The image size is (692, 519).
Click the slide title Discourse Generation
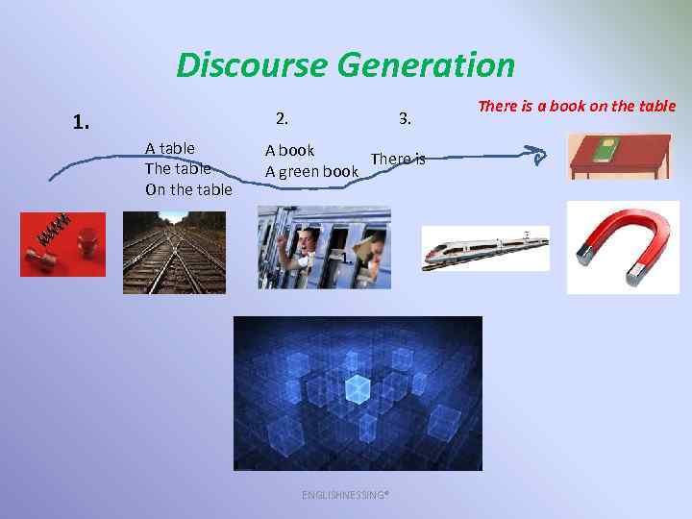tap(346, 65)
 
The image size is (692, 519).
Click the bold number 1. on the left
tap(82, 122)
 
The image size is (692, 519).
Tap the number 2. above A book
tap(281, 119)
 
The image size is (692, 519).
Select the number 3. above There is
tap(405, 119)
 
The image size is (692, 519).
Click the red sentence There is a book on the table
tap(577, 106)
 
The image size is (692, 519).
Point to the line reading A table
tap(170, 148)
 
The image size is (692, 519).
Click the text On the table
tap(188, 189)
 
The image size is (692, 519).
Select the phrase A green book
tap(311, 171)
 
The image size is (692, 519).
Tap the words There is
tap(397, 159)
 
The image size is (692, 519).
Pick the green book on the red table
tap(605, 149)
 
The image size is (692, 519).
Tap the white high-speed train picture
tap(485, 248)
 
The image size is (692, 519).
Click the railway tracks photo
tap(174, 252)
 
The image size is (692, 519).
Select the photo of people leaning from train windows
tap(324, 247)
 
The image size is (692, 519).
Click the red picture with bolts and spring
tap(62, 244)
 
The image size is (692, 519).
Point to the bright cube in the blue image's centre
tap(358, 387)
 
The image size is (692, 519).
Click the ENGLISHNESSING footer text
tap(345, 494)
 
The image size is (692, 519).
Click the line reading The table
tap(177, 168)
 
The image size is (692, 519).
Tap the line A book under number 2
tap(290, 150)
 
